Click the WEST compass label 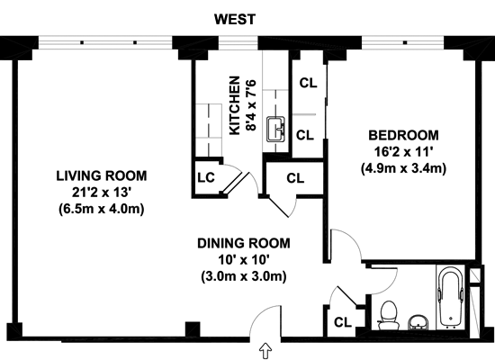tap(235, 19)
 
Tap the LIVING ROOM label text tap(102, 175)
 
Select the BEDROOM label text tap(403, 135)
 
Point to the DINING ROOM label tap(244, 244)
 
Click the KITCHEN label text tap(235, 105)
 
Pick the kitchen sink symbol tap(276, 130)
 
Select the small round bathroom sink tap(418, 322)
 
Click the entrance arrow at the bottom tap(265, 351)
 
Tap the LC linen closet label tap(206, 177)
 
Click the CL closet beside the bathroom tap(343, 322)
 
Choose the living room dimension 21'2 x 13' tap(102, 193)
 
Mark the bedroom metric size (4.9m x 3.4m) tap(403, 168)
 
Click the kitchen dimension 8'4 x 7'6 tap(252, 105)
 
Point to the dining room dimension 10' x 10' tap(244, 260)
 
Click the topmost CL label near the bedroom tap(308, 83)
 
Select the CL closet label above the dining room tap(295, 178)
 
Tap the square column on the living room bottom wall tap(193, 329)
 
